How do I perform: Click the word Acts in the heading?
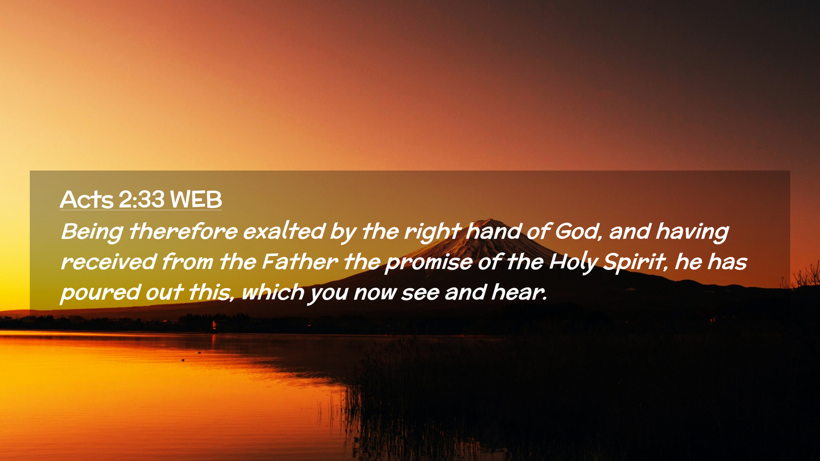87,199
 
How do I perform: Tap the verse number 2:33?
141,199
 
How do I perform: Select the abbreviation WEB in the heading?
196,199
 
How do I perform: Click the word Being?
92,232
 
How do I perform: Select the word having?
692,232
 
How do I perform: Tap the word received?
108,262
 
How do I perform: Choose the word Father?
299,261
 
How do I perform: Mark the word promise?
428,263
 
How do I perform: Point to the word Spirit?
635,262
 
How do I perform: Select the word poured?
100,293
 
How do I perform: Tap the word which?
273,292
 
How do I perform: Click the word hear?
519,292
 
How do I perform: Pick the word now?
374,294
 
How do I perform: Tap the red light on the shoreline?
214,326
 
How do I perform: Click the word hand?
493,231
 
